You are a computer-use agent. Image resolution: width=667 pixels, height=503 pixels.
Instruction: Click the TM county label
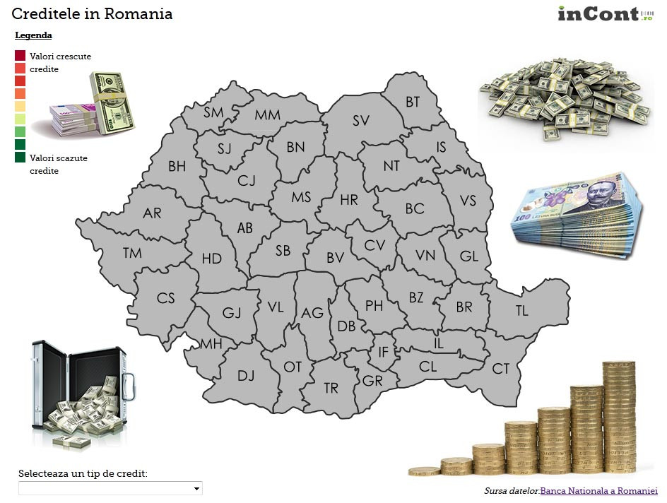click(132, 253)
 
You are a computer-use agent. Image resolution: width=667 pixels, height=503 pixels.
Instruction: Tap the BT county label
click(413, 102)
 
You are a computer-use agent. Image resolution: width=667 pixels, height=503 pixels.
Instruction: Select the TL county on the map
click(521, 310)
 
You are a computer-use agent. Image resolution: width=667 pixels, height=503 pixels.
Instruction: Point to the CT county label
click(501, 368)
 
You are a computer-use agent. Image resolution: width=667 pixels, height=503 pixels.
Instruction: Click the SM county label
click(213, 112)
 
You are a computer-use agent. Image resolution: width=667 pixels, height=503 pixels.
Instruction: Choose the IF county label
click(384, 352)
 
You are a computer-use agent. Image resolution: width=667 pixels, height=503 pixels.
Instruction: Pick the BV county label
click(335, 259)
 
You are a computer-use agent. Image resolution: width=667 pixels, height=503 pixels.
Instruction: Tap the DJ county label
click(246, 376)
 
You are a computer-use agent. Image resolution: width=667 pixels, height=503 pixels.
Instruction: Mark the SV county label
click(361, 121)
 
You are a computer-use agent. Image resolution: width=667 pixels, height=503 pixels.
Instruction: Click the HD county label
click(211, 259)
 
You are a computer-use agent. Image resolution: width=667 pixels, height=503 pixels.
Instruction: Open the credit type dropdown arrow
click(196, 489)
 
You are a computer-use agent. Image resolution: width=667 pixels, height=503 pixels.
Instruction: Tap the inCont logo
click(607, 13)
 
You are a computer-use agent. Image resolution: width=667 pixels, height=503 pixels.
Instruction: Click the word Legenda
click(33, 35)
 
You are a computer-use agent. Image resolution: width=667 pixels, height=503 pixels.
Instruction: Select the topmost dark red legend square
click(20, 56)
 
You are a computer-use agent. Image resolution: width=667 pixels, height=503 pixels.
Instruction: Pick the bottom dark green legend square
click(20, 158)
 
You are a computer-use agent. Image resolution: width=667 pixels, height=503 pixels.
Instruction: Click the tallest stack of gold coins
click(618, 417)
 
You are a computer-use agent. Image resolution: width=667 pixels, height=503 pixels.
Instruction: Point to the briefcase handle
click(129, 384)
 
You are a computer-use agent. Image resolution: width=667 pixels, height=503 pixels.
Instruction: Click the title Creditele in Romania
click(92, 14)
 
